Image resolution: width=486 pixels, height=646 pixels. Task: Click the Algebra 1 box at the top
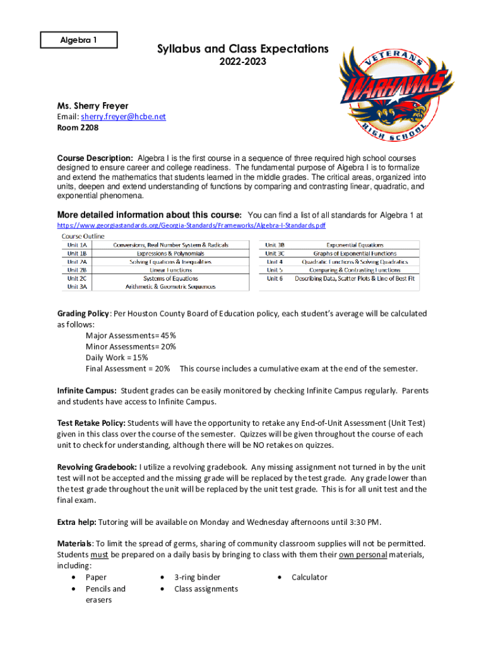coord(79,40)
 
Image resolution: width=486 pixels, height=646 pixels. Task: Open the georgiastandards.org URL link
coord(191,225)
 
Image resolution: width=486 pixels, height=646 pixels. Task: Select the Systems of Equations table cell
coord(170,278)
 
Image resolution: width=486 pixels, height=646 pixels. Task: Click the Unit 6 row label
coord(274,278)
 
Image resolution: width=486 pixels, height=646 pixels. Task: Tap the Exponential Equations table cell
coord(355,245)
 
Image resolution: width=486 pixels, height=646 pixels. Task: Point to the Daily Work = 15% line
coord(117,358)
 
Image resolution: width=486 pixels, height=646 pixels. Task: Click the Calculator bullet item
coord(309,577)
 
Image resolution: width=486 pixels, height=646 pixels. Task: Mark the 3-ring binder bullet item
coord(198,577)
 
